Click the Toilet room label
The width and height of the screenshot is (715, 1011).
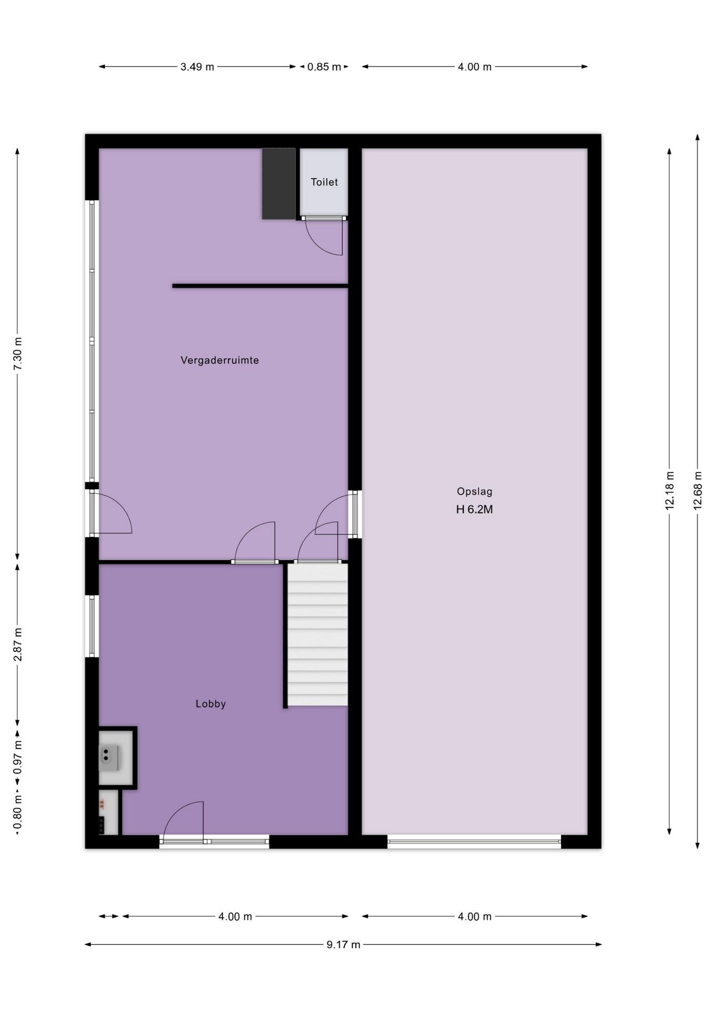(x=324, y=182)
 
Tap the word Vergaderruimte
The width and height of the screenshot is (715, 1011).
(x=220, y=360)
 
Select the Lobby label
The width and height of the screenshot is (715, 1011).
(x=211, y=703)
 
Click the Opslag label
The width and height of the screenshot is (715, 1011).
(x=474, y=492)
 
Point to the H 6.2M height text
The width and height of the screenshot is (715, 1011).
(x=474, y=509)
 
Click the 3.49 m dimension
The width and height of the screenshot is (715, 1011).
(x=197, y=67)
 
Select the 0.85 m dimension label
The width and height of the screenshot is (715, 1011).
(x=324, y=67)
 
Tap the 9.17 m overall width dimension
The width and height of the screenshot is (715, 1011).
(x=343, y=944)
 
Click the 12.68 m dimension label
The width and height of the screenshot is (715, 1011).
(x=698, y=489)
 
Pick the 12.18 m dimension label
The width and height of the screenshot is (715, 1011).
(x=670, y=489)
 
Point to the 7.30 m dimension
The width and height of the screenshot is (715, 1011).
(x=17, y=353)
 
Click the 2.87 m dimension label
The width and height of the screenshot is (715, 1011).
(x=17, y=645)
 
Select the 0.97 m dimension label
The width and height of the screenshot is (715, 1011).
(x=17, y=757)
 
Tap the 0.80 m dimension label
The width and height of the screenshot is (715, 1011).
(x=17, y=814)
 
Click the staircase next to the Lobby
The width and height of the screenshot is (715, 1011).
(x=317, y=635)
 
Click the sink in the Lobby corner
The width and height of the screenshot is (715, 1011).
(x=110, y=758)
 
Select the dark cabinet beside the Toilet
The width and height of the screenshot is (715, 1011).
(x=279, y=183)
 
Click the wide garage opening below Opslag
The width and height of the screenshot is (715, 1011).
(x=474, y=841)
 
